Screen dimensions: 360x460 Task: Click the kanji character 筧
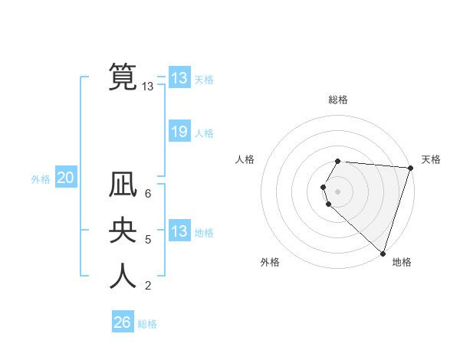coord(123,77)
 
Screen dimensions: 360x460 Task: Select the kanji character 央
coord(123,231)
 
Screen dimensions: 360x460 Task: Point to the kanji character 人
coord(123,276)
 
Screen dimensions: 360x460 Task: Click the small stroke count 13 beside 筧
coord(148,87)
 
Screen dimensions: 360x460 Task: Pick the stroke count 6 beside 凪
coord(148,195)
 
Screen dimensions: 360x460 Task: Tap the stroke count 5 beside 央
coord(148,240)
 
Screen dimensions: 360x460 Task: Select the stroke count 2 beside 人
coord(148,286)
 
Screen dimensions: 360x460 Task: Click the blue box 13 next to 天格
coord(179,78)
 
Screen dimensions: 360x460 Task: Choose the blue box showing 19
coord(179,132)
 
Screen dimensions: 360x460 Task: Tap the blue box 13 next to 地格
coord(179,231)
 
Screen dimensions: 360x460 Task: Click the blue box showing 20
coord(66,178)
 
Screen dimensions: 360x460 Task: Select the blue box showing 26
coord(123,322)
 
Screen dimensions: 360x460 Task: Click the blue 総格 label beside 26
coord(147,324)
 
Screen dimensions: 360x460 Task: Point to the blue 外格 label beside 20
coord(41,179)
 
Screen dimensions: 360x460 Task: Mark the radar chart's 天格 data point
coord(410,169)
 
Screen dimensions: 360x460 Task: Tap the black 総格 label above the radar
coord(338,100)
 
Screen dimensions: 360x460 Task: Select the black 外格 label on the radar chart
coord(270,262)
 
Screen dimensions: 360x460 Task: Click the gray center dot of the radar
coord(337,191)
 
